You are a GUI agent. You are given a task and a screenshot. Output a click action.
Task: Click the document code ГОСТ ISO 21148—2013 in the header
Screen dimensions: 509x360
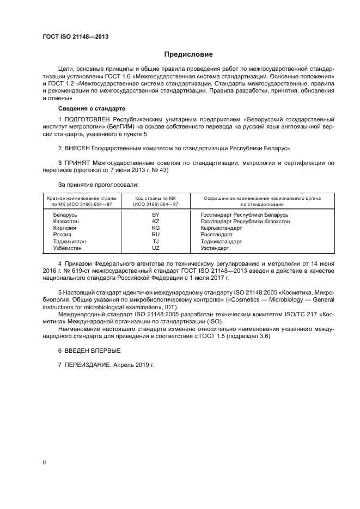(78, 38)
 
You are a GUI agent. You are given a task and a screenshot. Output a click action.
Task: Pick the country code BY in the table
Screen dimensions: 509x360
(155, 215)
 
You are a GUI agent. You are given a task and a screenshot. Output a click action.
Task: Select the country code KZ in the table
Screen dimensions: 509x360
(155, 222)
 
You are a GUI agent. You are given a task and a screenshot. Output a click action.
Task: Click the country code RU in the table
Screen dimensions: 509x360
(155, 235)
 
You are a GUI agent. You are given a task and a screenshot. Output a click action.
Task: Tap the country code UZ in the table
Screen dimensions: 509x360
(155, 248)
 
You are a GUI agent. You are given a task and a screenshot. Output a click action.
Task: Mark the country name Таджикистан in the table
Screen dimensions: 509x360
(69, 241)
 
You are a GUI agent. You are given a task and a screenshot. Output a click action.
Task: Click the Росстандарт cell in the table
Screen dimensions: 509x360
(216, 235)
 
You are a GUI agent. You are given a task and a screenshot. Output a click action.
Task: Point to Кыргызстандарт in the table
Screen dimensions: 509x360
(222, 228)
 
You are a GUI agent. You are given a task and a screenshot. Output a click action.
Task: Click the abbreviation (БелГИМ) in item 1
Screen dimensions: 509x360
(120, 126)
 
